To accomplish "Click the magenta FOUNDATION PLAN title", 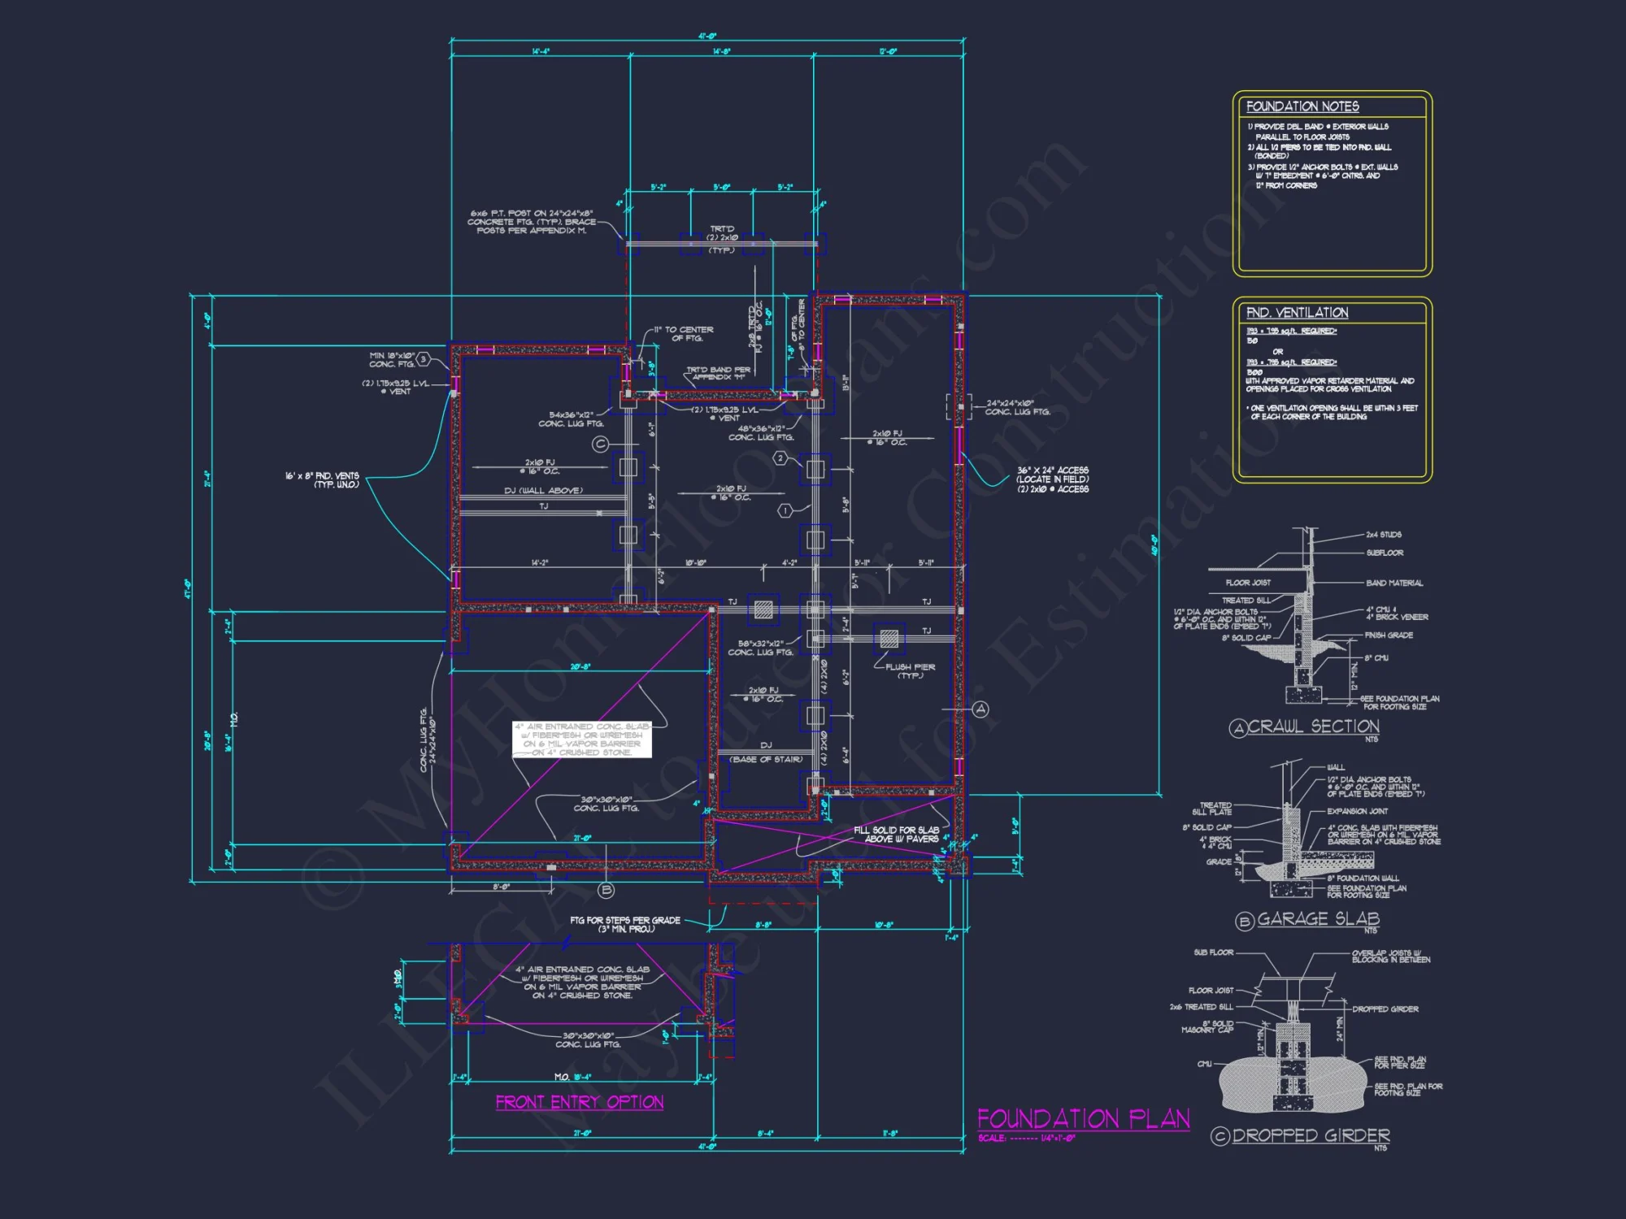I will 1083,1119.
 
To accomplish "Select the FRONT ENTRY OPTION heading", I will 580,1102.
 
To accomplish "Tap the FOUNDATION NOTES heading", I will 1302,106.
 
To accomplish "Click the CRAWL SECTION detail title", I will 1313,727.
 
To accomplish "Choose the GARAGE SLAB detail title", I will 1318,919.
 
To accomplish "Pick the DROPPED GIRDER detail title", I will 1311,1135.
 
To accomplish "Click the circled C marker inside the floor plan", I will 600,445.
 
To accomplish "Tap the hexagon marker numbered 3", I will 424,359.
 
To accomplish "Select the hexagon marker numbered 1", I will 785,511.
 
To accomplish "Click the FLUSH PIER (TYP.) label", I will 910,671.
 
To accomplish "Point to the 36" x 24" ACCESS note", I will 1052,479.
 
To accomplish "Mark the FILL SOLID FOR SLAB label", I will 897,834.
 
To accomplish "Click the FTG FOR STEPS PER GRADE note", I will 625,924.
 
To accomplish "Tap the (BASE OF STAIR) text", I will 767,759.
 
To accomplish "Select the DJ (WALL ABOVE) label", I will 543,491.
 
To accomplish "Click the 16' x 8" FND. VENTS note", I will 322,480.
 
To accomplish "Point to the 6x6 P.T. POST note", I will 531,222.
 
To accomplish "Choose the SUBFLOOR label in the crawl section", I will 1385,553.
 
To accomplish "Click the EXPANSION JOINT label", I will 1358,811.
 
